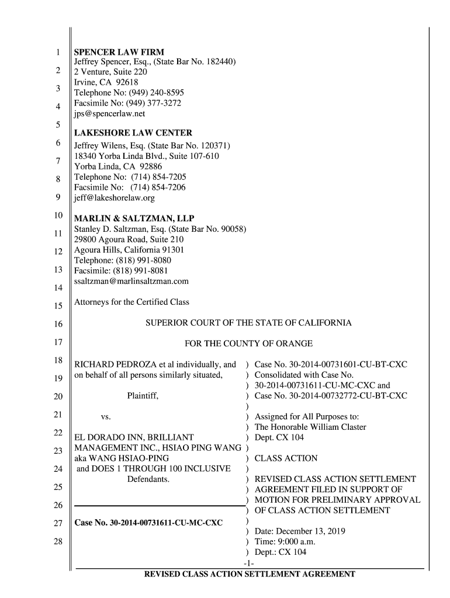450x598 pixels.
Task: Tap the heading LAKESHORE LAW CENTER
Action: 133,133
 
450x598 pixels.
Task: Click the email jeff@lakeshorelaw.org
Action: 114,198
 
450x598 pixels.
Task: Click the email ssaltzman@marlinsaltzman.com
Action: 131,281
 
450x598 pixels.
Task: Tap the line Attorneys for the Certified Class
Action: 132,303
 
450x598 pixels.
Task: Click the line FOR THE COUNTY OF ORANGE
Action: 248,343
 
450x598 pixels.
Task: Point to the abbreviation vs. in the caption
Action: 106,417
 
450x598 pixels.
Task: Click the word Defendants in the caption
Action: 148,479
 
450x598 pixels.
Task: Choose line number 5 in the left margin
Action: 57,124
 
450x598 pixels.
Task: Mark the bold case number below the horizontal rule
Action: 148,522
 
